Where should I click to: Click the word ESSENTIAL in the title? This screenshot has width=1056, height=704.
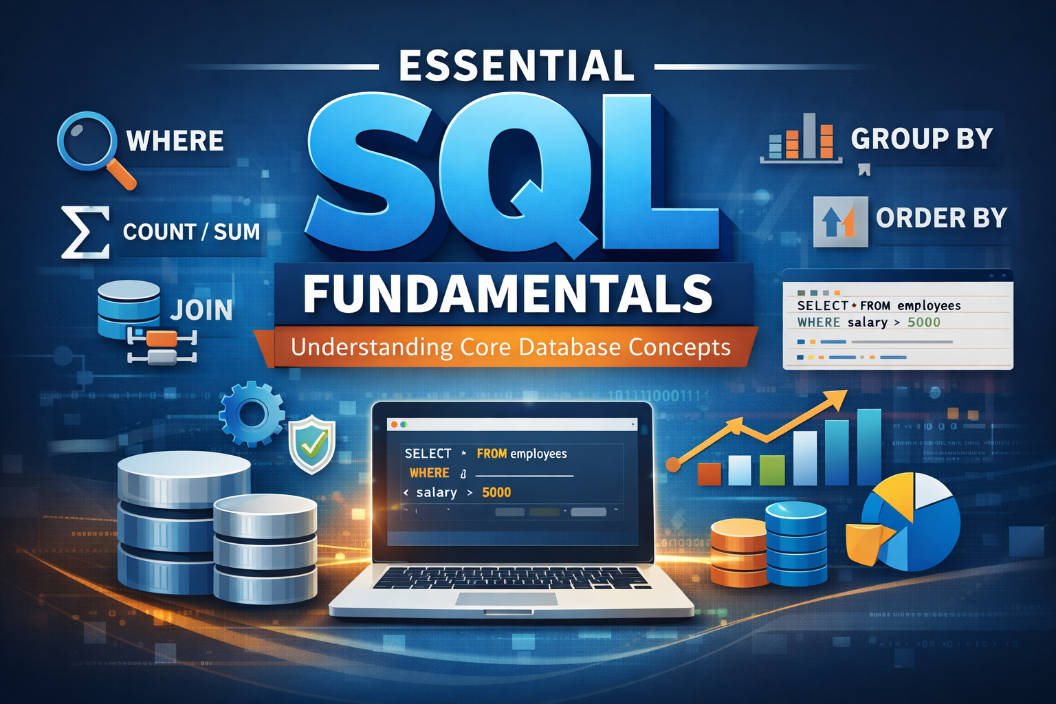[516, 66]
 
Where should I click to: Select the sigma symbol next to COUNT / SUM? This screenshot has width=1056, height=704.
[85, 232]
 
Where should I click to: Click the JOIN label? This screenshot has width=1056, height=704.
[201, 311]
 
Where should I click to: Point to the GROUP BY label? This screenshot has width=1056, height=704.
[922, 139]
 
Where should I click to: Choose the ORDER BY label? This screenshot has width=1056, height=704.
[941, 218]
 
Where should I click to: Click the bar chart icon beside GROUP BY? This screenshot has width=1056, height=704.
[802, 139]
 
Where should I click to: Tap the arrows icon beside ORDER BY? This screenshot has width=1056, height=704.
[839, 221]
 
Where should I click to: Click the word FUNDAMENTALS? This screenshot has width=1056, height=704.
[508, 294]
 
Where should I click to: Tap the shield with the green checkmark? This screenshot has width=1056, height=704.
[312, 445]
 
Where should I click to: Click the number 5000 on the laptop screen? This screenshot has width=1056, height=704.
[496, 492]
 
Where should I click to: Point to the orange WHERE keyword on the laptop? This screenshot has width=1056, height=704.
[429, 473]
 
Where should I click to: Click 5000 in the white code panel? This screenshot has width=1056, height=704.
[923, 322]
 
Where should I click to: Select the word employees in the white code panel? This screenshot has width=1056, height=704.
[929, 306]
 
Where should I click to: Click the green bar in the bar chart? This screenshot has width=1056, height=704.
[771, 470]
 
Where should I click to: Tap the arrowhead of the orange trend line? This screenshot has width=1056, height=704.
[839, 397]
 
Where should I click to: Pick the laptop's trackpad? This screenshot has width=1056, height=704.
[506, 599]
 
